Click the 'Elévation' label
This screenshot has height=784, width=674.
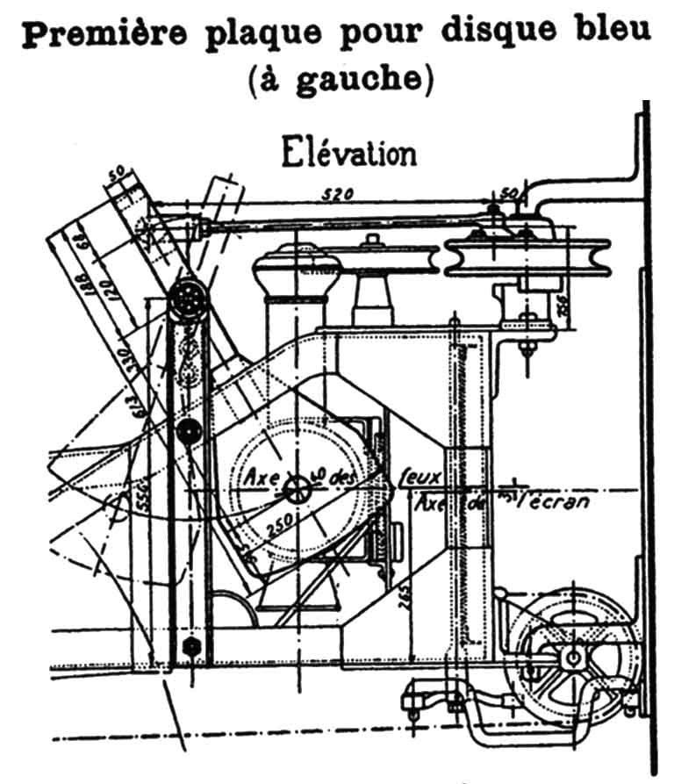[x=348, y=154]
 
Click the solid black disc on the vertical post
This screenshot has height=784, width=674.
[x=186, y=431]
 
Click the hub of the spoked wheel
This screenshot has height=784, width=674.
[x=573, y=657]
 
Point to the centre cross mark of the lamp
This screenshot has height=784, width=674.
[x=300, y=491]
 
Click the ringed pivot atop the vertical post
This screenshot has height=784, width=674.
[x=187, y=302]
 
